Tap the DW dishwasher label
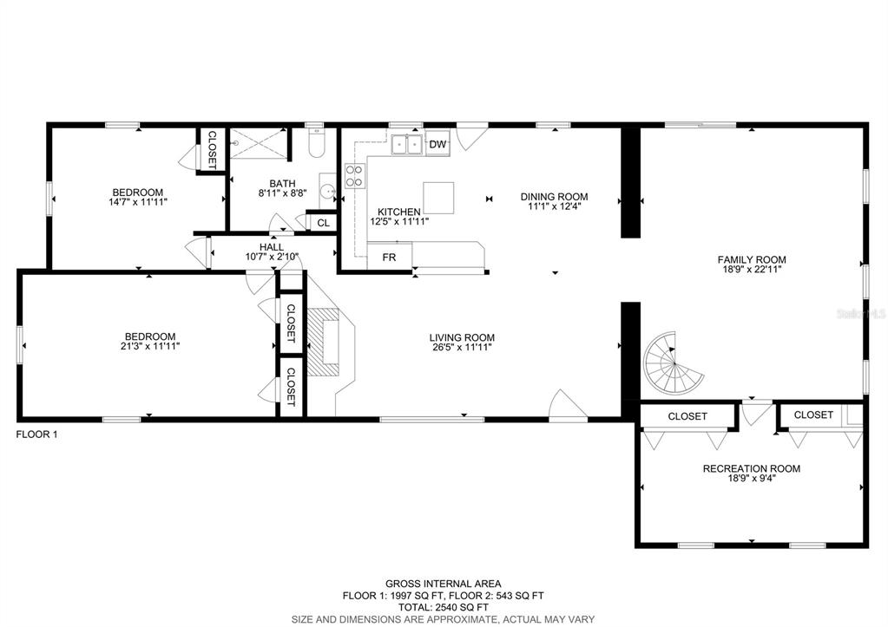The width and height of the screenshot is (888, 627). coord(437,144)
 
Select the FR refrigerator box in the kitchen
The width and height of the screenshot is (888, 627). coord(389,258)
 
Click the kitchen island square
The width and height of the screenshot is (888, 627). coord(438,198)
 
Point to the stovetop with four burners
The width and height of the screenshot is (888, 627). coord(354,175)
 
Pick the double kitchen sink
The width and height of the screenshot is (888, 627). coord(407,144)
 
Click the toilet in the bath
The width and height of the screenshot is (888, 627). coord(316,142)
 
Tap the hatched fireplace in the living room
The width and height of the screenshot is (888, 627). coord(324,342)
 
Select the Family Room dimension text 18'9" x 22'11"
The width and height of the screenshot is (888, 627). coord(752,270)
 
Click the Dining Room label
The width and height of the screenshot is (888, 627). coord(555,196)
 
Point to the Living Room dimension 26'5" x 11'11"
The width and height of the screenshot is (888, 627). coord(462,347)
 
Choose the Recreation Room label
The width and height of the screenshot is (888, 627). coord(752,468)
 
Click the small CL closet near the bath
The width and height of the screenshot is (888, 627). coord(323,223)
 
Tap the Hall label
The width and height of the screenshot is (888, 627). coord(272,247)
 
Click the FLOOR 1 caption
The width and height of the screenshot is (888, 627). coord(36,434)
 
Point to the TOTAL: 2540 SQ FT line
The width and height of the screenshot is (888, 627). coord(444,607)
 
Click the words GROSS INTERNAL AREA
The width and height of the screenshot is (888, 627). coord(444,584)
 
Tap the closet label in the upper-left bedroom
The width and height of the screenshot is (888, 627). coord(212,150)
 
